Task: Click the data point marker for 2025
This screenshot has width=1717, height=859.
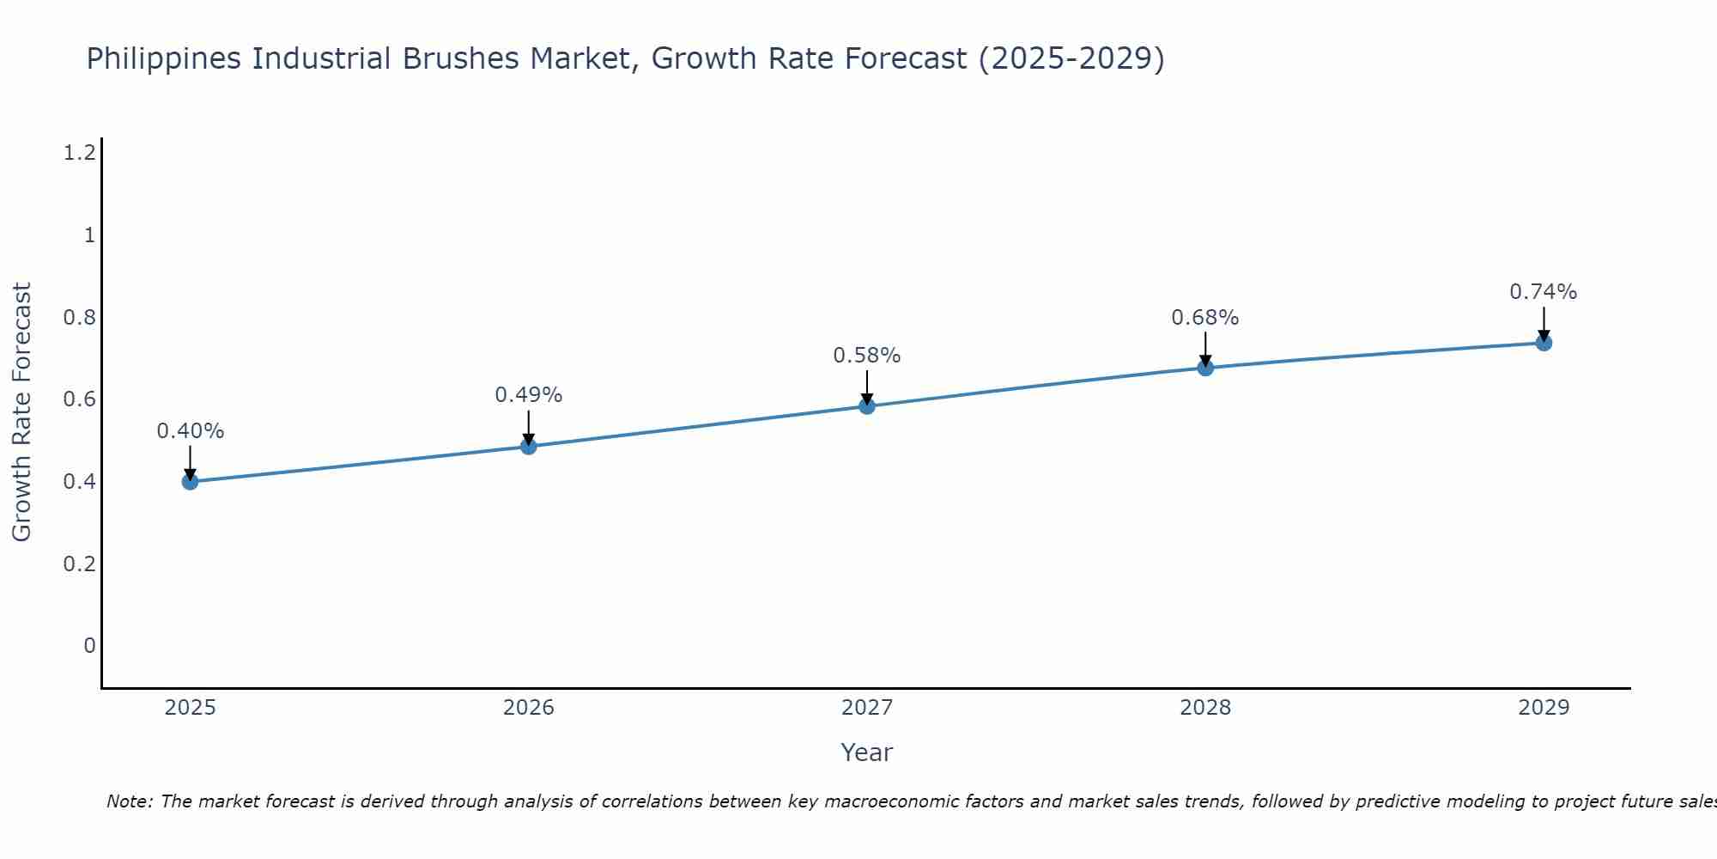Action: (191, 481)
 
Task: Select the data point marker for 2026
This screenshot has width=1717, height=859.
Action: (529, 446)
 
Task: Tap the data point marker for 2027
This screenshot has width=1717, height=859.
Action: (867, 405)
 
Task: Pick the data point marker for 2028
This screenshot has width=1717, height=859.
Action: (1205, 368)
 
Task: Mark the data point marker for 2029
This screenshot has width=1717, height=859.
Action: (1544, 343)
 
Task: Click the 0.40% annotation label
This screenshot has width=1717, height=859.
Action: (191, 431)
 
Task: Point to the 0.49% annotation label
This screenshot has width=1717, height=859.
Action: (529, 395)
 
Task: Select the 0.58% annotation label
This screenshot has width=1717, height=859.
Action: (867, 356)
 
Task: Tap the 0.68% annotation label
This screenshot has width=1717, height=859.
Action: (1205, 318)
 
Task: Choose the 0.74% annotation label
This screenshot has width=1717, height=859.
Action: (1544, 292)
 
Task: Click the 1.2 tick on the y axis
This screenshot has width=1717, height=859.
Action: (79, 153)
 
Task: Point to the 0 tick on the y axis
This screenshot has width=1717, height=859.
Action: (89, 645)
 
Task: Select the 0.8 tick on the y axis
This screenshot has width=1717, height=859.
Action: (79, 318)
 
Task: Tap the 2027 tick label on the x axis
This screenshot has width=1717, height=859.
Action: (867, 708)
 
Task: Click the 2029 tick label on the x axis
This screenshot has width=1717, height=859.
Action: (1544, 708)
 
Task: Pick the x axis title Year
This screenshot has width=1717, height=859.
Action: (867, 752)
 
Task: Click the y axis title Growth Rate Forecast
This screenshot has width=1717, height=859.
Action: (22, 412)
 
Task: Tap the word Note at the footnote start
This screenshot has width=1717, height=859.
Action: (129, 801)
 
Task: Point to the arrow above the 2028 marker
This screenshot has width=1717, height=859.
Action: (1205, 348)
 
